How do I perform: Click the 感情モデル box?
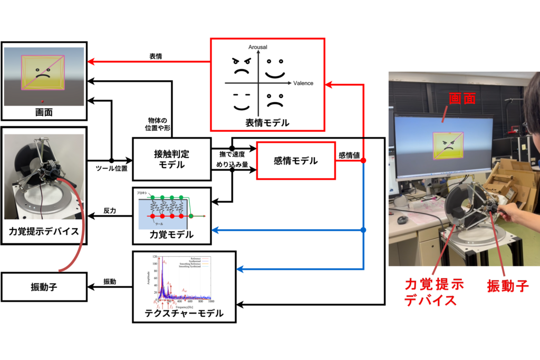296,161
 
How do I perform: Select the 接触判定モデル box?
171,160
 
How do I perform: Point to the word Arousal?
258,47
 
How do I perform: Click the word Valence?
303,83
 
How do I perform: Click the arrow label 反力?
110,210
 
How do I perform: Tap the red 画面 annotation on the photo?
462,98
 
